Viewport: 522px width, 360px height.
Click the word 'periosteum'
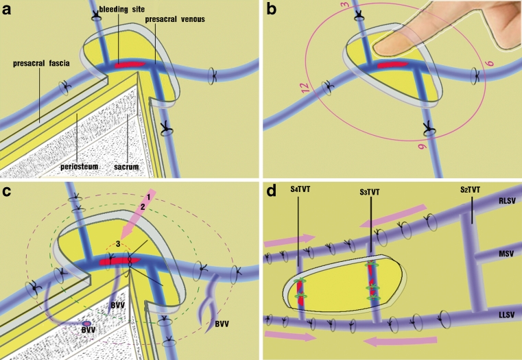(x=96, y=156)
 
